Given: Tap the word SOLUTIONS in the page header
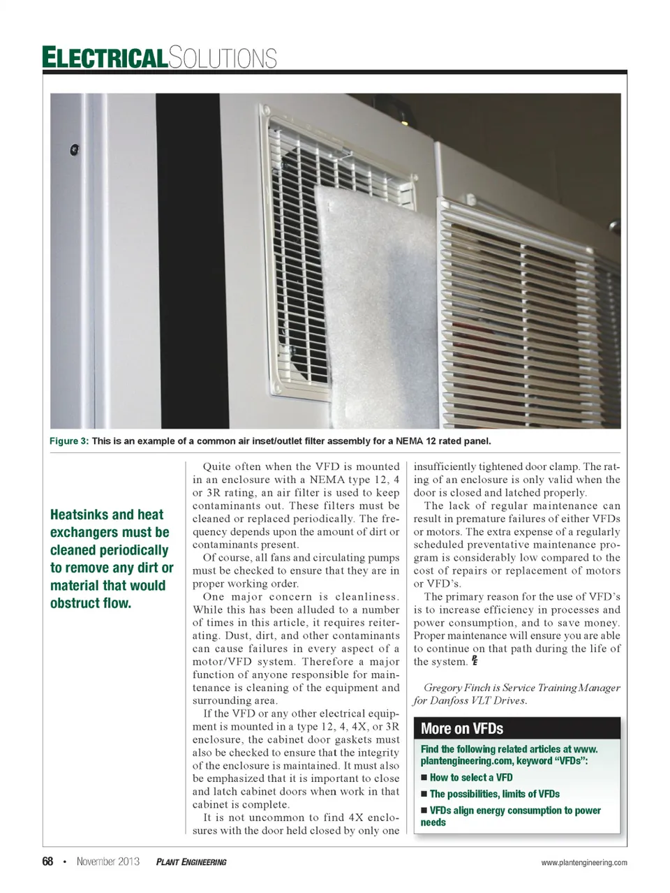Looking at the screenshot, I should point(223,57).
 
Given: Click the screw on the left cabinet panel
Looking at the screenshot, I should point(74,149).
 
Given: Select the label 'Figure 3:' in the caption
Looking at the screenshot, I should point(68,441).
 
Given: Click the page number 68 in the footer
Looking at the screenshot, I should point(47,862).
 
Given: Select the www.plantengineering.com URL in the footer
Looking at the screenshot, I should point(584,862).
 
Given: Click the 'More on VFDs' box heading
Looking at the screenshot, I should point(462,729).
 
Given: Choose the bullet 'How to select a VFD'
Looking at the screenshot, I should point(471,777).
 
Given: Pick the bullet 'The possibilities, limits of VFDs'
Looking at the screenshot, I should point(494,794).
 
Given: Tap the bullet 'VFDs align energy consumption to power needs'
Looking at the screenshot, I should point(514,811).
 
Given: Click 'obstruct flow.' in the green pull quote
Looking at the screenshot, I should point(91,603).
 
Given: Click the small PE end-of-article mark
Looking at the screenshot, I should point(474,660).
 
